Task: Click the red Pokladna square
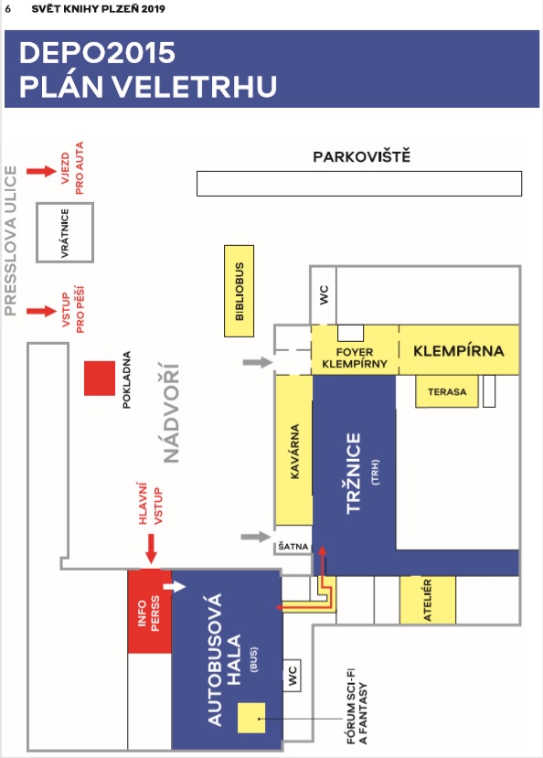click(x=100, y=378)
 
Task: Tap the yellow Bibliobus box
click(x=240, y=291)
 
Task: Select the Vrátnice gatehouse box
click(x=65, y=232)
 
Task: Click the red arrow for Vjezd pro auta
click(x=41, y=171)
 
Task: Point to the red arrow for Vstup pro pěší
click(x=41, y=311)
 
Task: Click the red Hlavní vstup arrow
click(x=151, y=549)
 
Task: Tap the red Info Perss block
click(x=150, y=612)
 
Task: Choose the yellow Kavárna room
click(x=293, y=451)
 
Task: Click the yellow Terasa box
click(x=447, y=391)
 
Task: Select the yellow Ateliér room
click(x=428, y=600)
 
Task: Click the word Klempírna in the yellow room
click(x=459, y=350)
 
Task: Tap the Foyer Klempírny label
click(x=355, y=358)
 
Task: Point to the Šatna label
click(x=293, y=547)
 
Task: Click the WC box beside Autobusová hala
click(x=292, y=675)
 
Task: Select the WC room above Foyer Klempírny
click(x=324, y=295)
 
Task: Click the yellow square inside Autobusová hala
click(x=251, y=718)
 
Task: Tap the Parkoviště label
click(x=361, y=156)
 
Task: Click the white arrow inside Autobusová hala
click(x=175, y=586)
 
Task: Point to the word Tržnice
click(x=354, y=473)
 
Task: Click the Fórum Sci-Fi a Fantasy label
click(x=357, y=713)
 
